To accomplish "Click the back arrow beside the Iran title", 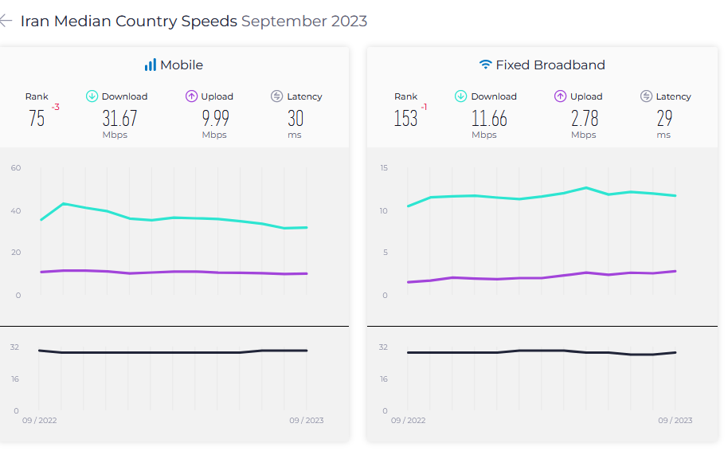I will (x=6, y=21).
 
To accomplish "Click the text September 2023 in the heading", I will (x=304, y=22).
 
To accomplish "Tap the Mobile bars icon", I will (x=151, y=65).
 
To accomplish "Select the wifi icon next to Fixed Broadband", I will (x=485, y=65).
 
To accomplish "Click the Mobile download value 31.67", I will (x=119, y=118).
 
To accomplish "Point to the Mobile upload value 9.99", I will (x=215, y=118).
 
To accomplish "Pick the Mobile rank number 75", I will (x=37, y=118).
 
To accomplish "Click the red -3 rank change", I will (x=56, y=107).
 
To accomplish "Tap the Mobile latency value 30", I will (x=296, y=118).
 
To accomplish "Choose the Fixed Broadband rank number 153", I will (x=405, y=118).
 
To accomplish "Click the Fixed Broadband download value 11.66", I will (x=489, y=118).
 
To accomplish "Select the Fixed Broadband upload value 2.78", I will (x=585, y=118).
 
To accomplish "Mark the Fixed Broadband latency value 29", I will (x=664, y=118).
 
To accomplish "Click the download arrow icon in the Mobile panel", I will (x=92, y=96).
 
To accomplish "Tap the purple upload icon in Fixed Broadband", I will (x=561, y=96).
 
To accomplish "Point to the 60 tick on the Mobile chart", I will (x=16, y=168).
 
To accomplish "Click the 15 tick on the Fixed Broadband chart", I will (x=384, y=168).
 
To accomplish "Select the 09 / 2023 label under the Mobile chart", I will (x=307, y=420).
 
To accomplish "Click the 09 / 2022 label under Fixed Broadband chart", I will (x=408, y=420).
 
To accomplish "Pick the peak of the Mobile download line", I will (x=64, y=203).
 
